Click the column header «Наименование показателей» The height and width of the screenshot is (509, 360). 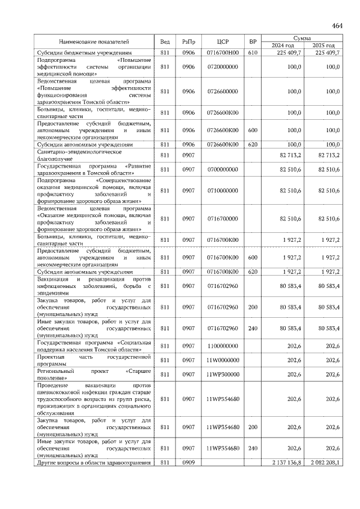[94, 42]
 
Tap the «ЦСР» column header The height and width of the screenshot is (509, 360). [223, 42]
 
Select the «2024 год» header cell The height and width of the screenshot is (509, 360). [283, 45]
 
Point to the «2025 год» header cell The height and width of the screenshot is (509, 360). [323, 45]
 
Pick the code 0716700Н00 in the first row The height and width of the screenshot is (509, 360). [223, 52]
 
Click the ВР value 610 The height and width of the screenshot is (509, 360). [253, 52]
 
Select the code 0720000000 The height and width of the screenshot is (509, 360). [223, 66]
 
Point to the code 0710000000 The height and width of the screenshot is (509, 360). [223, 191]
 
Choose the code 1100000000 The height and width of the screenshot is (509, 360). [223, 345]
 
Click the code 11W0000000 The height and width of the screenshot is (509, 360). [223, 359]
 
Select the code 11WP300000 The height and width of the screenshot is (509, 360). [223, 374]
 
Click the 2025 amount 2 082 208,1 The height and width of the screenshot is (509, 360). [322, 462]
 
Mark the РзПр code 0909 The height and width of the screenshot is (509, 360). [188, 462]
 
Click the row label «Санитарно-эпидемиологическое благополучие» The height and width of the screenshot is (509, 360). [79, 155]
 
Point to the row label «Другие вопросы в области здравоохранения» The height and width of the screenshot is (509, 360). [93, 462]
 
